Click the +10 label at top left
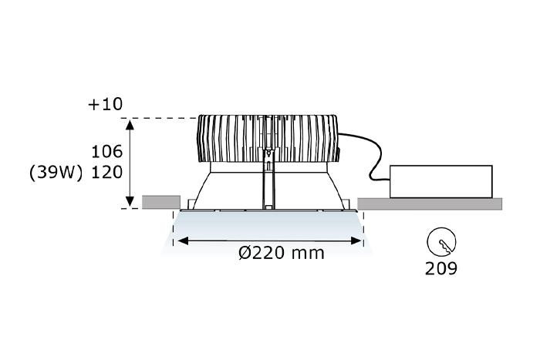105,104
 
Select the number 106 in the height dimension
107,151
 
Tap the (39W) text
56,173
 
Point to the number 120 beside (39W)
107,173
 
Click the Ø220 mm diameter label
281,252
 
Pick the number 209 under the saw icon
441,268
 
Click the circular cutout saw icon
441,243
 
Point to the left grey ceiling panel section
161,202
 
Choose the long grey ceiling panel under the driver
429,204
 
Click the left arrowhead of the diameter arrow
182,241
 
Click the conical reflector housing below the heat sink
224,189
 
